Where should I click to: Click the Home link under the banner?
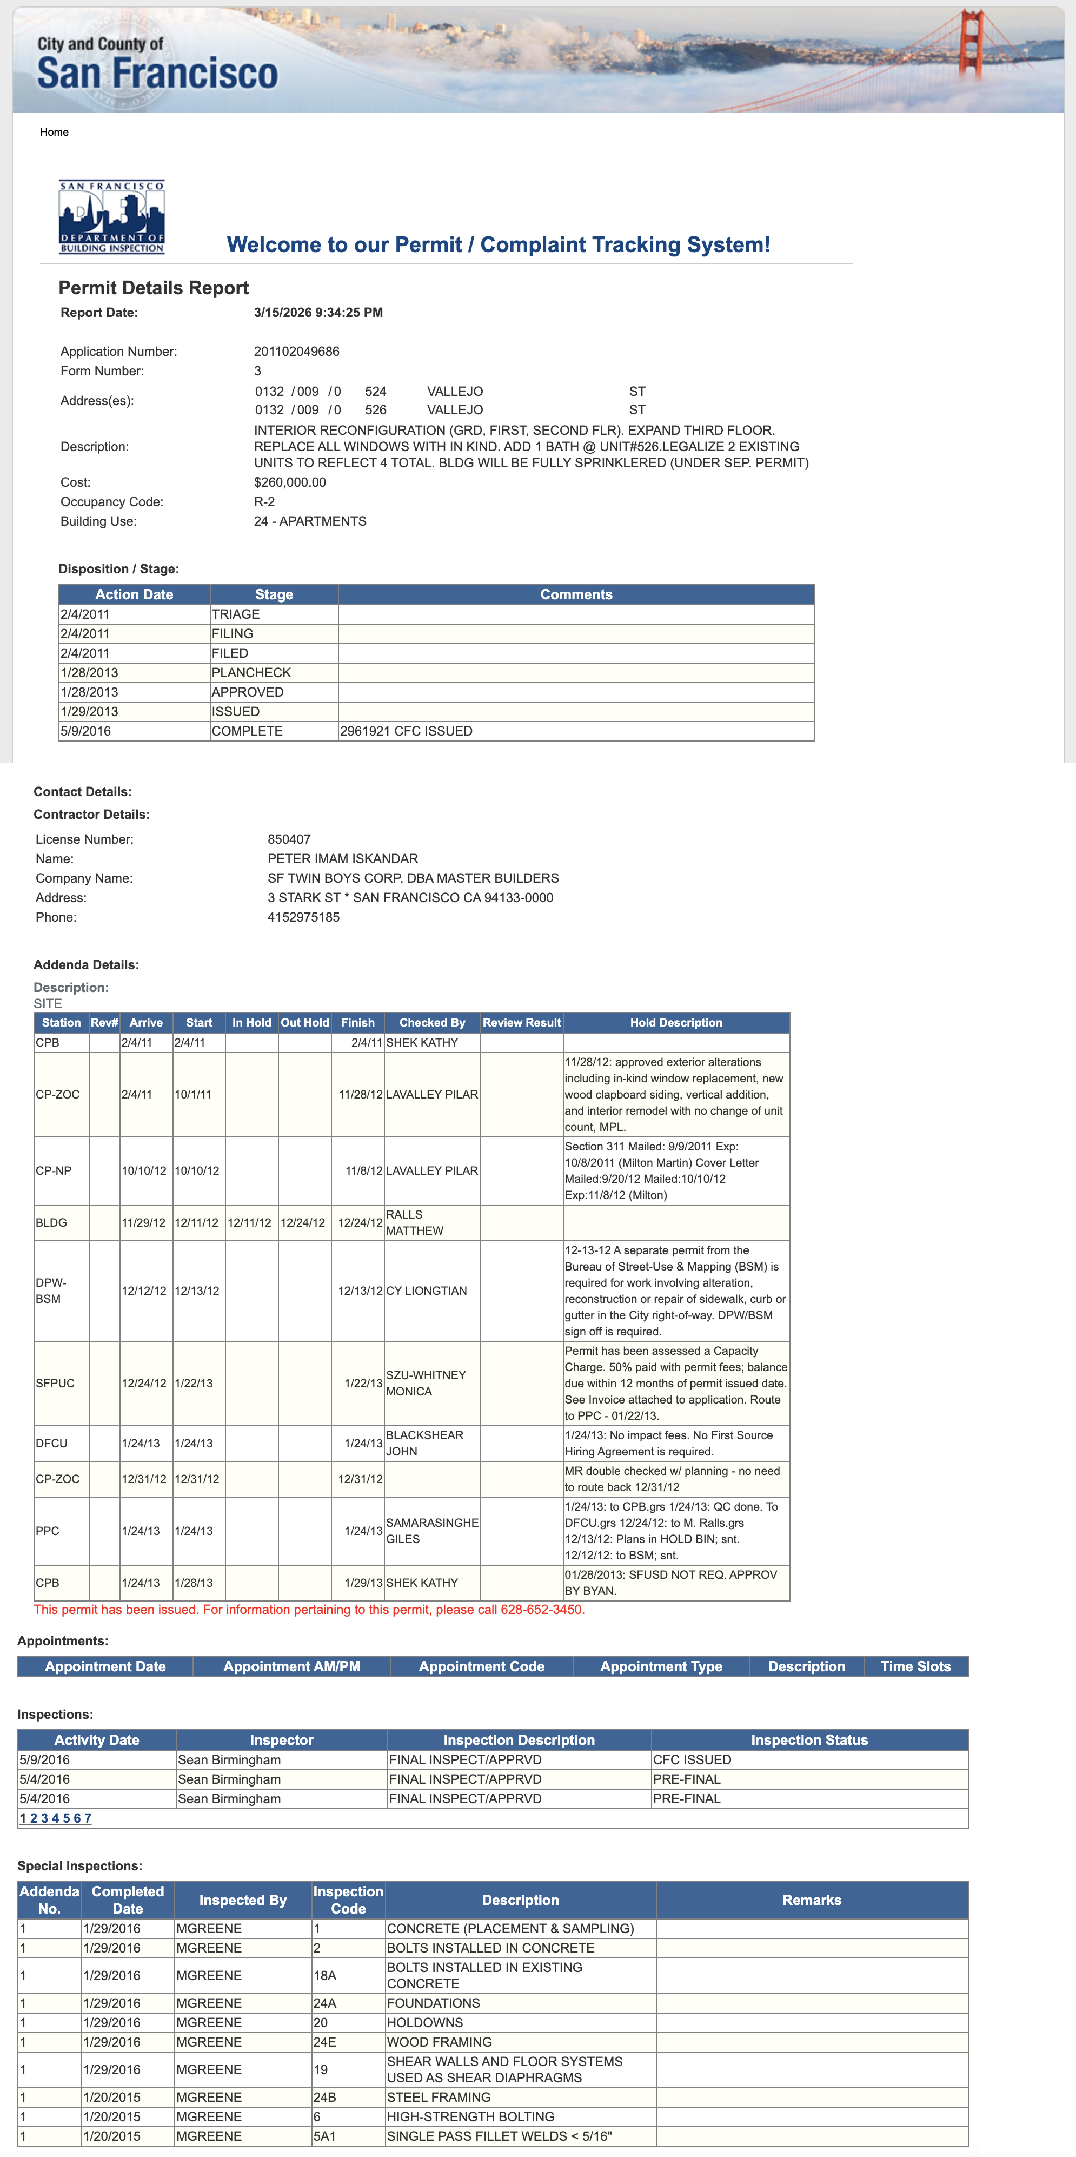point(54,133)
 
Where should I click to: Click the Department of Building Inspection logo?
point(111,217)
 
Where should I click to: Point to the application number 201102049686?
point(296,352)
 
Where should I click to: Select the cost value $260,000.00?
point(290,482)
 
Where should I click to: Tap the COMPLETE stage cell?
point(247,731)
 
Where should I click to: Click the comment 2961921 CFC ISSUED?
point(406,731)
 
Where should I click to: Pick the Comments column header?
point(576,594)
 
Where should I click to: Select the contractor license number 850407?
point(289,839)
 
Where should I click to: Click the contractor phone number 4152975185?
point(303,917)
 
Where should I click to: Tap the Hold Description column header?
point(676,1022)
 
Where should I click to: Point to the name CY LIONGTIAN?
point(426,1291)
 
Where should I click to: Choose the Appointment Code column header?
point(481,1666)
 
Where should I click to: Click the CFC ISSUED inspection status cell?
point(693,1759)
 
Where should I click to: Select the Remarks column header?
point(812,1900)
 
